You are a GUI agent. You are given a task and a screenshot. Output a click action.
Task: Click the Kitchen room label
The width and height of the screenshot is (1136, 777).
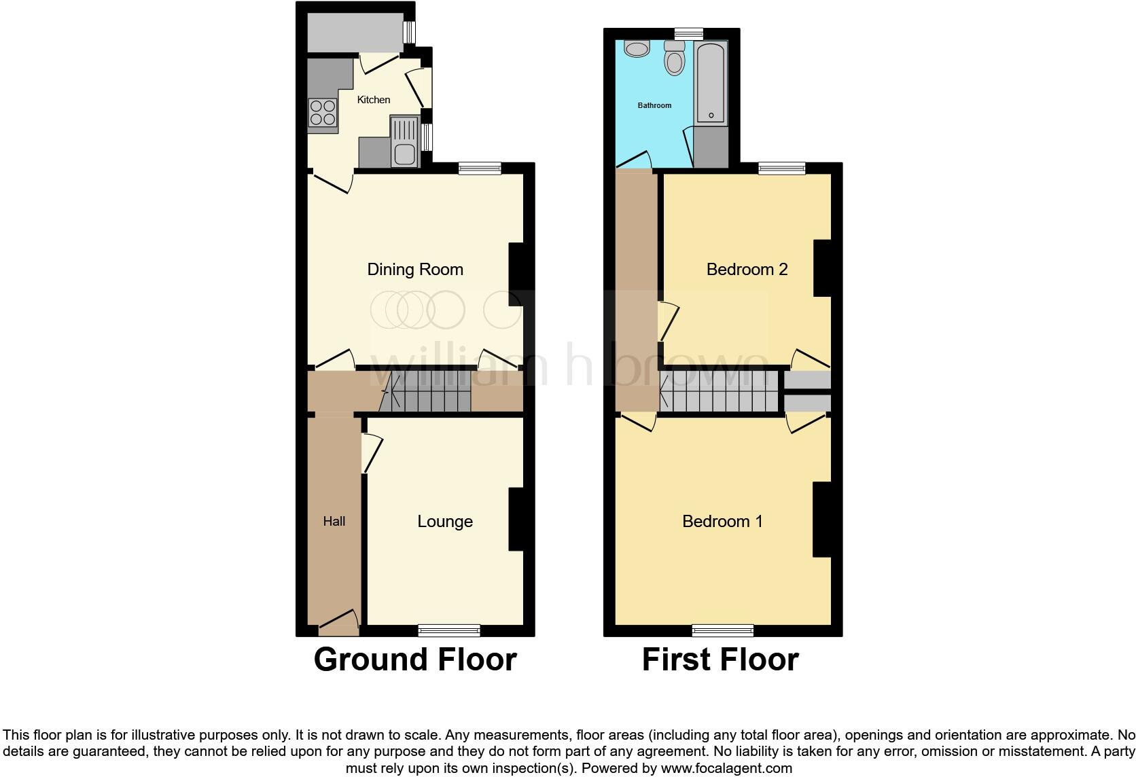click(x=374, y=100)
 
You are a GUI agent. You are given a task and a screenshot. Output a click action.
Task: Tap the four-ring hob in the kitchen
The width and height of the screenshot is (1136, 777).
click(x=323, y=113)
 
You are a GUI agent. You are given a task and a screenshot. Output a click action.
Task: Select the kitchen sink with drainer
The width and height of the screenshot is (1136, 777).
click(x=404, y=141)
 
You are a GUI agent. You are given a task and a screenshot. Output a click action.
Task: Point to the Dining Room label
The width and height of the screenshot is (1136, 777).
click(x=415, y=270)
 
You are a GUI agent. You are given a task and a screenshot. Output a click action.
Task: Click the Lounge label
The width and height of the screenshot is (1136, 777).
click(x=445, y=522)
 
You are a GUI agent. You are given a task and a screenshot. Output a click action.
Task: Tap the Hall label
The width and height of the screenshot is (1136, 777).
click(x=334, y=522)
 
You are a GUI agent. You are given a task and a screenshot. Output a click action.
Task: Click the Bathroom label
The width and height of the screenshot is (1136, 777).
click(x=654, y=105)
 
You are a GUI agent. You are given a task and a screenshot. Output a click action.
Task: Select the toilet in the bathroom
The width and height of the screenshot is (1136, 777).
click(x=675, y=58)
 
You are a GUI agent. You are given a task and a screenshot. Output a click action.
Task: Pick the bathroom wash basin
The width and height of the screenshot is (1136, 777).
click(x=637, y=49)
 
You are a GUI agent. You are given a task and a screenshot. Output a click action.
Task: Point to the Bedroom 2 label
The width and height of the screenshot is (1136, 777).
click(x=747, y=270)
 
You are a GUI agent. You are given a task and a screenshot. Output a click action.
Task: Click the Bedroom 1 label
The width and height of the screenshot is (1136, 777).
click(x=722, y=522)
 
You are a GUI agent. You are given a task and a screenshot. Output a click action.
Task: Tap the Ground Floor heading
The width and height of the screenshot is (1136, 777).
click(x=415, y=659)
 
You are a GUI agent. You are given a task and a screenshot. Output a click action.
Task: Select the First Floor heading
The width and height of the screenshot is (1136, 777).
click(x=720, y=659)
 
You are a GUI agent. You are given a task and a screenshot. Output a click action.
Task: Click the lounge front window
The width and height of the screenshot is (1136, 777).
click(x=449, y=630)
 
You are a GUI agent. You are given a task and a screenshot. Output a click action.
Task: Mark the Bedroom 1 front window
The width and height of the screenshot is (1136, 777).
click(x=723, y=630)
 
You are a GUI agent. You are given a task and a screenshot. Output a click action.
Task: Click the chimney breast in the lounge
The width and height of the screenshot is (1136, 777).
click(x=516, y=519)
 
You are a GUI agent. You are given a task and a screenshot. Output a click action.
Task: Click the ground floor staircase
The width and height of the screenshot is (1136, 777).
click(x=425, y=392)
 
